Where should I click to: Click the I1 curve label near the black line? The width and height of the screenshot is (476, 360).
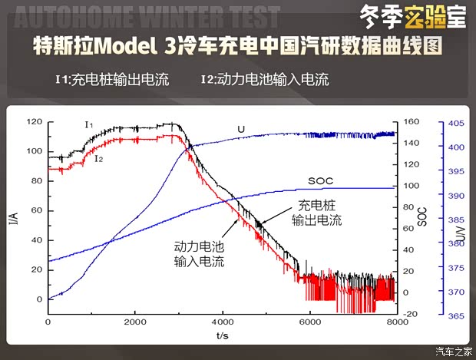pos(89,124)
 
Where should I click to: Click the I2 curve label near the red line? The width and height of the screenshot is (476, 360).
pos(99,159)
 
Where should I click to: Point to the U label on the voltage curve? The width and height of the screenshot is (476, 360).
pos(241,129)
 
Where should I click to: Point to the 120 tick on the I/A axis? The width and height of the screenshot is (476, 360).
pos(33,122)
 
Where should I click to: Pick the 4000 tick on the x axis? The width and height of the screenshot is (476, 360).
pos(223,322)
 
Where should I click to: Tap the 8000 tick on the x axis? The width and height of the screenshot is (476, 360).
pos(396,322)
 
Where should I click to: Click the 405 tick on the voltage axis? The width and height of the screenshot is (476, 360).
pos(455,122)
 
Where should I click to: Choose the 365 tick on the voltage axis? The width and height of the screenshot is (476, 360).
pos(455,315)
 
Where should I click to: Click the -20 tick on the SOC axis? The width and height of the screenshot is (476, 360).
pos(410,314)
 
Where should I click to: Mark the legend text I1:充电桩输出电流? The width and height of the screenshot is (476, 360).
pos(112,79)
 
